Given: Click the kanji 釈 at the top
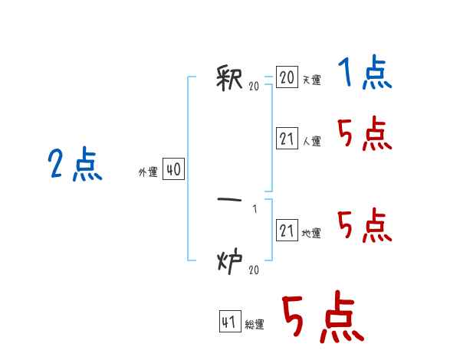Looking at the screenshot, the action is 229,78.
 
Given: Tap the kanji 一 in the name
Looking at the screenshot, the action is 229,200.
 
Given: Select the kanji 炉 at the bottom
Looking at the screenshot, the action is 230,261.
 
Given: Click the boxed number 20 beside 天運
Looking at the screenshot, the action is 287,77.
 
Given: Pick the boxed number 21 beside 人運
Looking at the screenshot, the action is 287,138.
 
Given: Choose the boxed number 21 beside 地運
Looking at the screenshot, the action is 287,230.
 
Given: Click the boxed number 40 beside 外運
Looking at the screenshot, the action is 173,169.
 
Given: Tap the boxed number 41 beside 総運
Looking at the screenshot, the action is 230,321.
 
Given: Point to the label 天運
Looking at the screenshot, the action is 312,80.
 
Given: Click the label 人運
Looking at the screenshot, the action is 312,141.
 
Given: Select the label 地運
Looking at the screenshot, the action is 311,233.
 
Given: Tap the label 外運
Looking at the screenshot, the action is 148,172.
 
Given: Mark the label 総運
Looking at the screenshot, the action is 255,324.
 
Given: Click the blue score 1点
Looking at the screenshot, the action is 365,72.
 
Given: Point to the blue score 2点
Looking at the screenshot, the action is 75,164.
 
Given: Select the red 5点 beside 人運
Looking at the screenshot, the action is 365,133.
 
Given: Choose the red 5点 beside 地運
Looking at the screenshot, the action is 365,225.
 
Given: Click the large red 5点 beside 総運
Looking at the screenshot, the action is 323,317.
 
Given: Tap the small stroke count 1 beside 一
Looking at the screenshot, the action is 255,209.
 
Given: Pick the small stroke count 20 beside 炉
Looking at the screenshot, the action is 254,270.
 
